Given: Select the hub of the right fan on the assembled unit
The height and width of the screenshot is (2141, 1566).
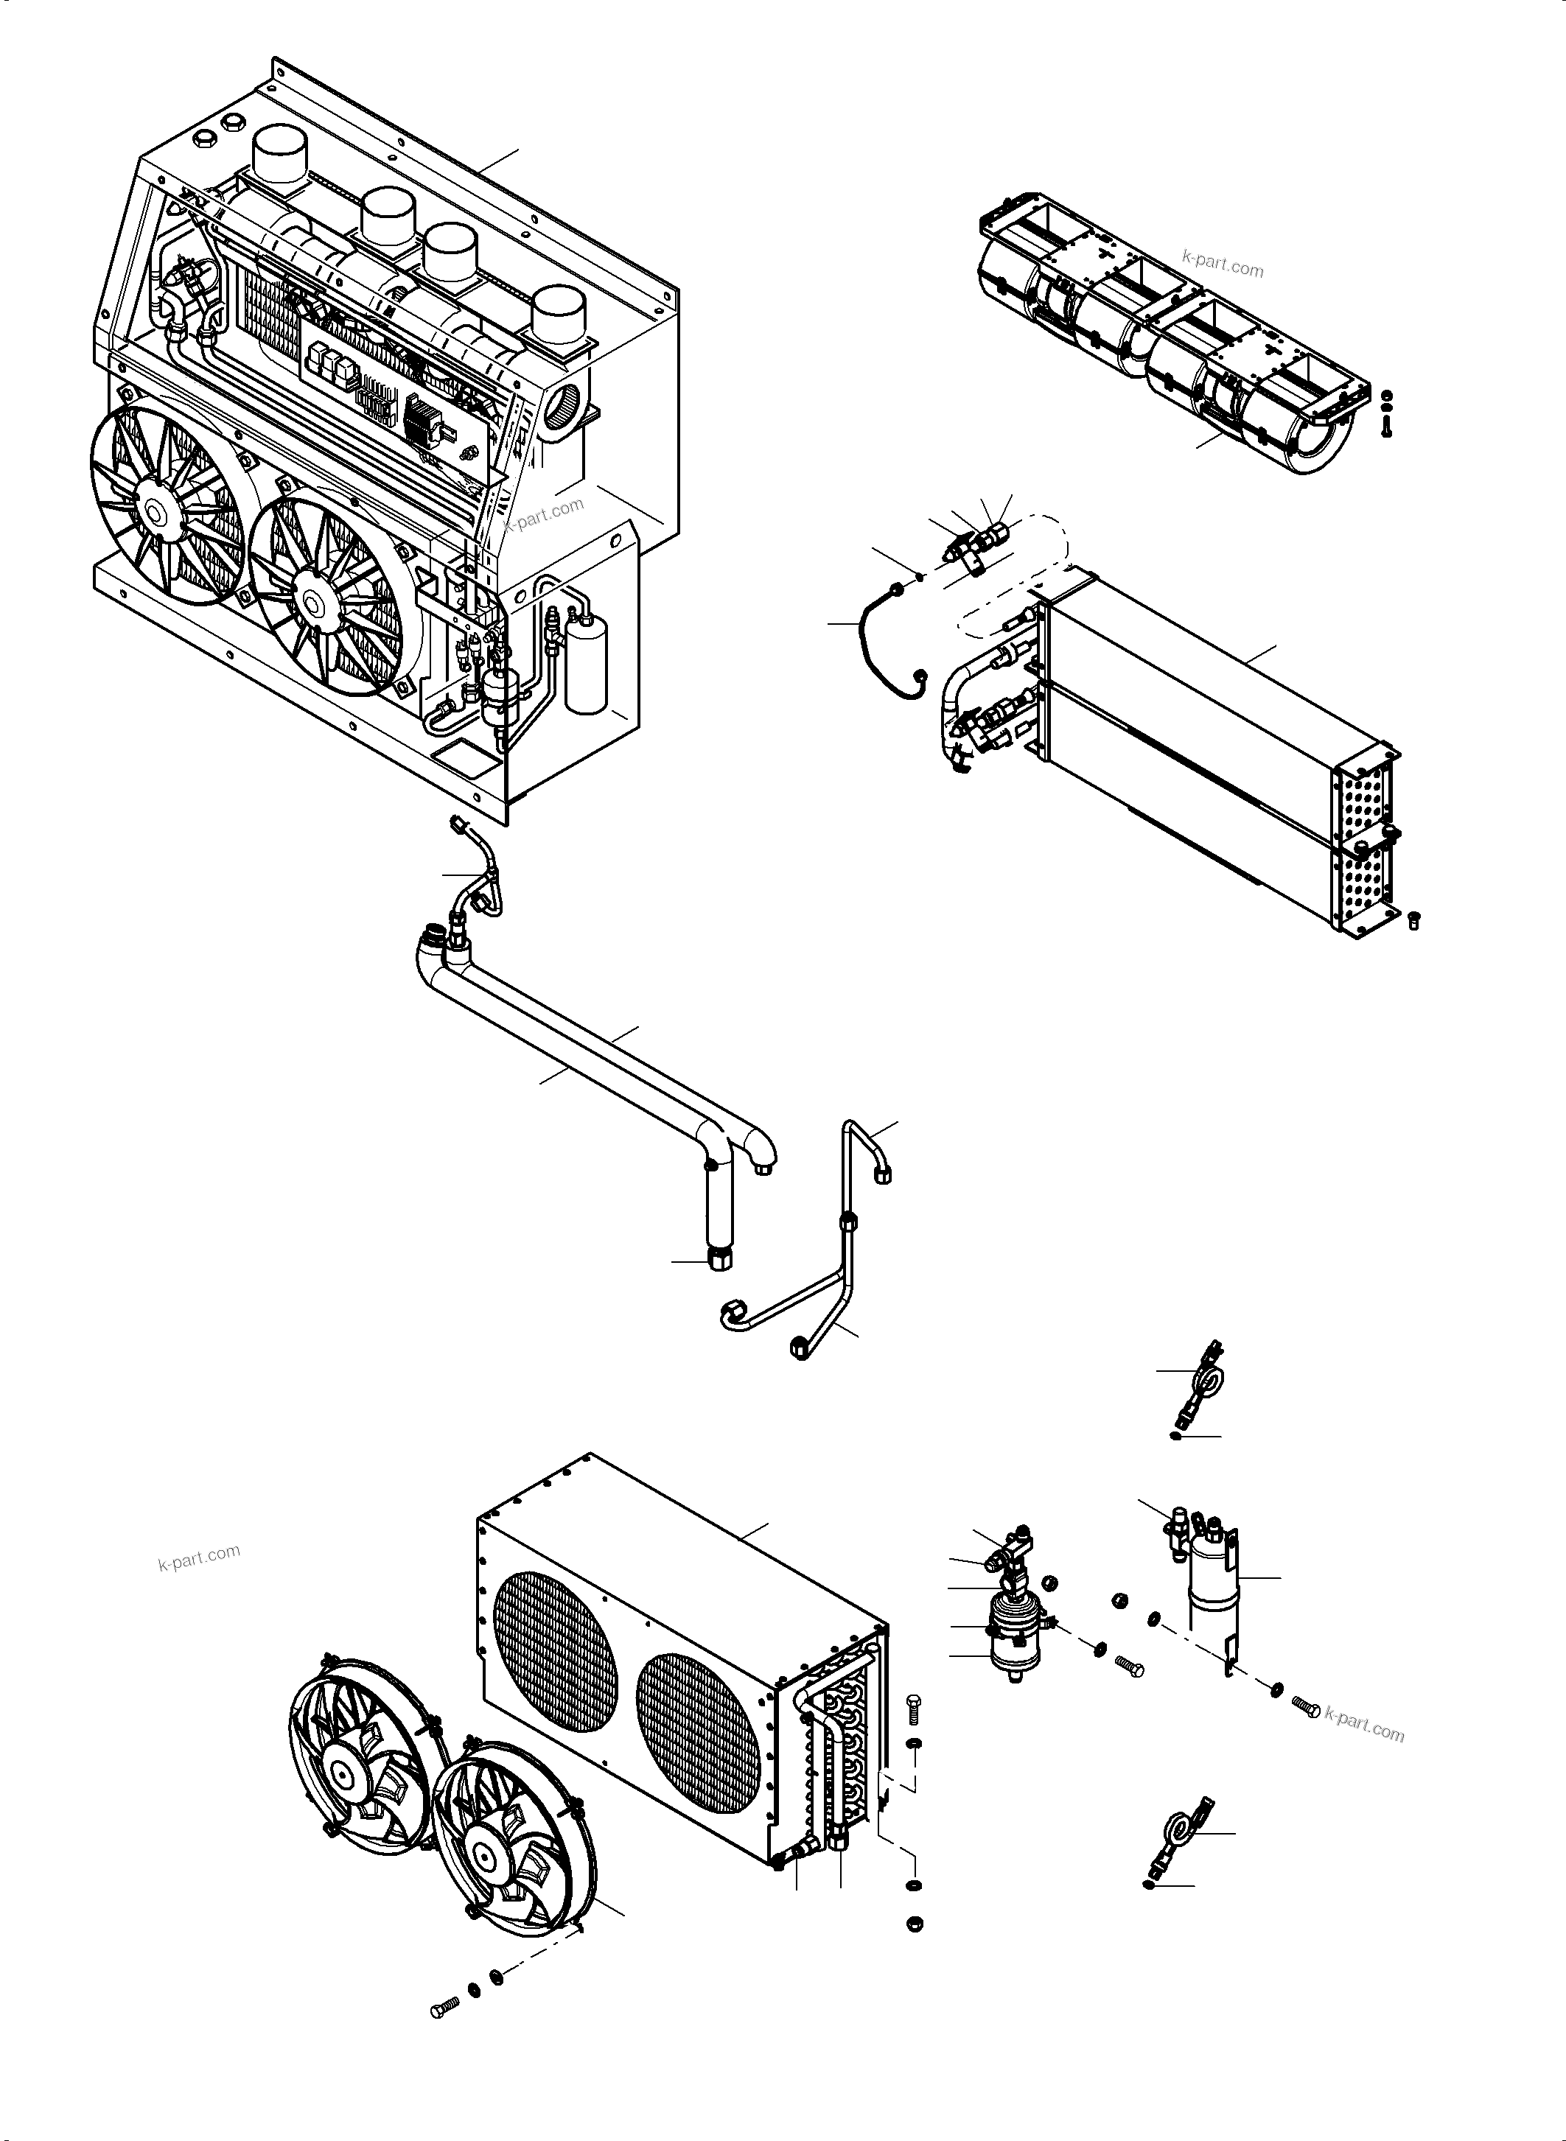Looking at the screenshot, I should pos(312,596).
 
